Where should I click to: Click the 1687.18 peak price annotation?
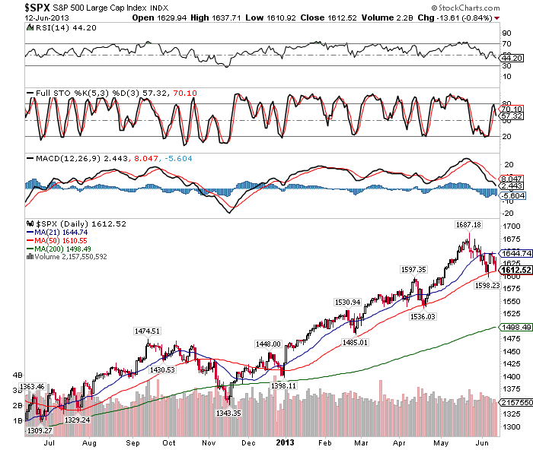click(x=468, y=225)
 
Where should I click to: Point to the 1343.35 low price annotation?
click(x=228, y=413)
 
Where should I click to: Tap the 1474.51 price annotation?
click(x=147, y=331)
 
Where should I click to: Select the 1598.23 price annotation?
click(x=487, y=285)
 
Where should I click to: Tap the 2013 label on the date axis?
click(x=285, y=442)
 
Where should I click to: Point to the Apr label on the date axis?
click(x=400, y=442)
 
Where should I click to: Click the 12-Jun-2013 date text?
click(x=24, y=17)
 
